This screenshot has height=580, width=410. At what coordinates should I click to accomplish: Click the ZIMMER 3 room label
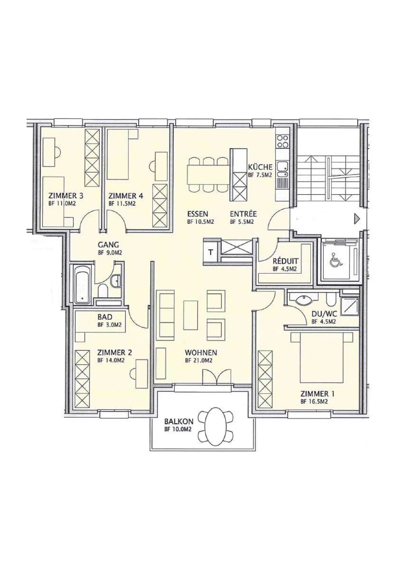[66, 196]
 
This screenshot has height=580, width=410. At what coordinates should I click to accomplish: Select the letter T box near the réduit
[211, 252]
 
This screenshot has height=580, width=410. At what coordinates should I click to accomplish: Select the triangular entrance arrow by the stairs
[357, 220]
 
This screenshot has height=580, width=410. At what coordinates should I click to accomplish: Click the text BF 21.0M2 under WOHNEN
[199, 360]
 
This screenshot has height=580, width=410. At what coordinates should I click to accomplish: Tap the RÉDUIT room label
[285, 261]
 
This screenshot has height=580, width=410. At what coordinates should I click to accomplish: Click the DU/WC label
[324, 314]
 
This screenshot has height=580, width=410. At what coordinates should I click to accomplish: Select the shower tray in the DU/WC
[350, 306]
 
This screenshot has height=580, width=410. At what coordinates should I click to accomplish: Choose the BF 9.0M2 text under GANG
[110, 252]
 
